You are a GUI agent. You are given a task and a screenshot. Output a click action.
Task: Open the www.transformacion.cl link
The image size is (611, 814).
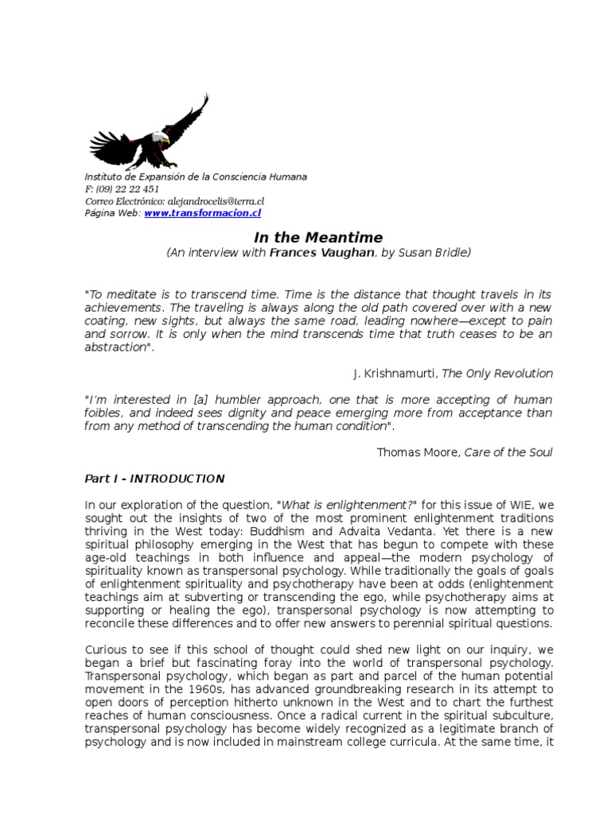(203, 213)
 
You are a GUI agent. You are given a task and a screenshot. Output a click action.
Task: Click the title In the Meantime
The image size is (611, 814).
(318, 237)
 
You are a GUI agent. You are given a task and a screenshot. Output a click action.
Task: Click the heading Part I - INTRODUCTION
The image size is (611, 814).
(154, 479)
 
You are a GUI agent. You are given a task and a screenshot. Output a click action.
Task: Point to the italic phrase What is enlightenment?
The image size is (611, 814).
(333, 505)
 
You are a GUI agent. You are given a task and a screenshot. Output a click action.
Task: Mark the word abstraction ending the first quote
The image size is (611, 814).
(115, 347)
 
